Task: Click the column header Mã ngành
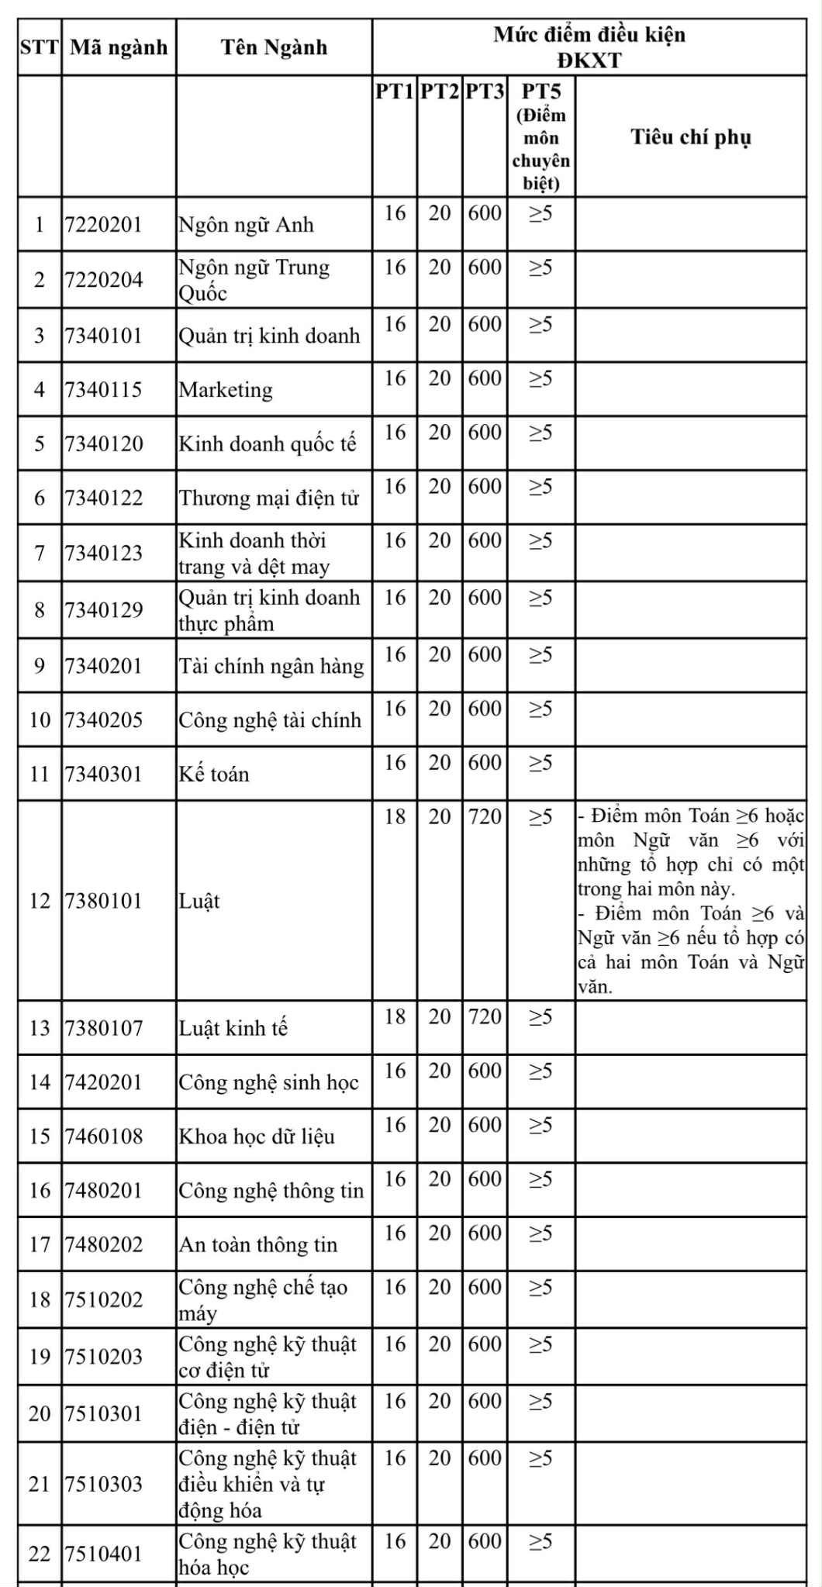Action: pyautogui.click(x=119, y=47)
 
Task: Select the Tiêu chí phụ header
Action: pyautogui.click(x=690, y=137)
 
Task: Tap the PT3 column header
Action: pyautogui.click(x=485, y=91)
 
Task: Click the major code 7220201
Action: pyautogui.click(x=104, y=225)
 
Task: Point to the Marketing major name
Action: pyautogui.click(x=226, y=389)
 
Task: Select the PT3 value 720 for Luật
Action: pyautogui.click(x=485, y=816)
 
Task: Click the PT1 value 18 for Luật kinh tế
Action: pyautogui.click(x=395, y=1016)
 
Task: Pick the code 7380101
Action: pyautogui.click(x=104, y=901)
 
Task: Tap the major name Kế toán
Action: pyautogui.click(x=214, y=774)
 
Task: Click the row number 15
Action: pyautogui.click(x=40, y=1137)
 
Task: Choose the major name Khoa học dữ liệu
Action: pyautogui.click(x=257, y=1137)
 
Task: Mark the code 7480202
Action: pyautogui.click(x=104, y=1244)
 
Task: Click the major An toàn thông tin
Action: pyautogui.click(x=258, y=1244)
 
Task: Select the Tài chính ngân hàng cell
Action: pyautogui.click(x=271, y=666)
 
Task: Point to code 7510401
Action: pyautogui.click(x=104, y=1554)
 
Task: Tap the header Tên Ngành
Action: pyautogui.click(x=274, y=47)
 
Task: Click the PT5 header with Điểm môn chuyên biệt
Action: pyautogui.click(x=541, y=136)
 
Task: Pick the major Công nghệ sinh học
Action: pyautogui.click(x=268, y=1082)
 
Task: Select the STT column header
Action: pyautogui.click(x=40, y=47)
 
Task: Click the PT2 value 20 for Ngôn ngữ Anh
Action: pyautogui.click(x=439, y=213)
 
